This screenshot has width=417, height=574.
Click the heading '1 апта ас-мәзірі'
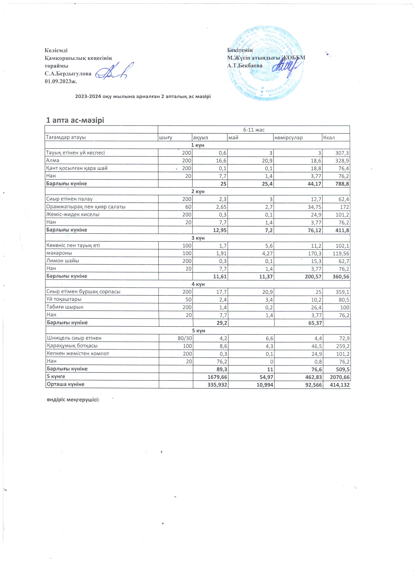click(x=75, y=120)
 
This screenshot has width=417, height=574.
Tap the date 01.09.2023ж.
click(x=61, y=81)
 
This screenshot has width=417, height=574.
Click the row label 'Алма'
click(x=53, y=160)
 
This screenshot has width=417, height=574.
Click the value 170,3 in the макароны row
click(x=315, y=253)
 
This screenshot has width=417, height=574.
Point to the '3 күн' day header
click(x=198, y=238)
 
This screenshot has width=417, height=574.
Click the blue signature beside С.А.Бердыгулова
click(x=114, y=71)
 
